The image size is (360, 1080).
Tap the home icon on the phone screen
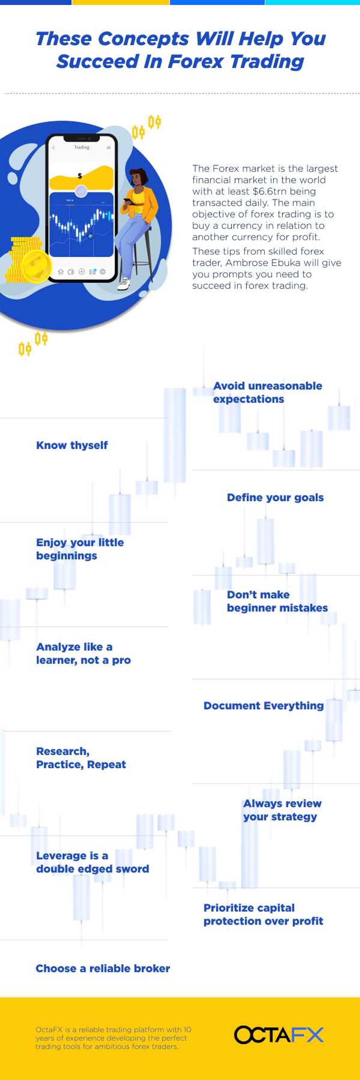(60, 272)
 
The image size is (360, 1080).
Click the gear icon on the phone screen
(103, 272)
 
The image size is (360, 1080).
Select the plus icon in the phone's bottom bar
(82, 272)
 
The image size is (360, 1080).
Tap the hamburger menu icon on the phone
(109, 148)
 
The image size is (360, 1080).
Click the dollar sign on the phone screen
(80, 176)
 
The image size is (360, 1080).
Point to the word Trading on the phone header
(82, 147)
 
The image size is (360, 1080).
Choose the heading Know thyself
(72, 445)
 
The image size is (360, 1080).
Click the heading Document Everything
(263, 706)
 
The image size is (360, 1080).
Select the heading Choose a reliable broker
(103, 968)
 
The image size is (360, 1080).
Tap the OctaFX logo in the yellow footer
(279, 1035)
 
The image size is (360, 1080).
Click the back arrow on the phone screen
(54, 148)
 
